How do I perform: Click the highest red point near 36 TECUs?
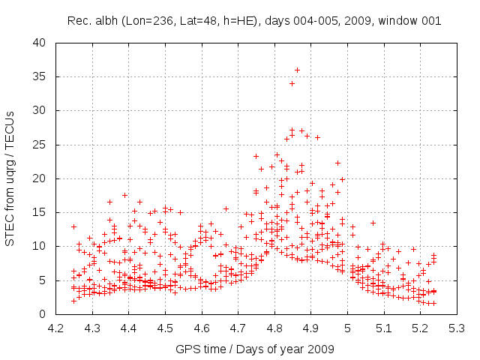(297, 70)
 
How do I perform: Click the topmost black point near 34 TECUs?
(292, 83)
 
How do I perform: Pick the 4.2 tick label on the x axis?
(55, 328)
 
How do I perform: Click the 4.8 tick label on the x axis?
(274, 328)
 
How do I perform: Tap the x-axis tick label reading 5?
(348, 328)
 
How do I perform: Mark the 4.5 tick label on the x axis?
(165, 328)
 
